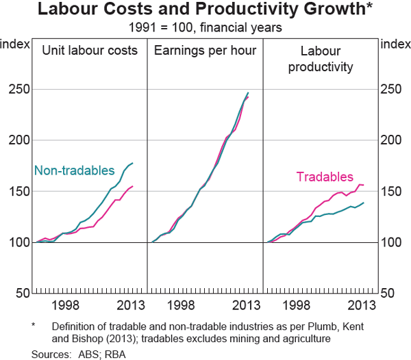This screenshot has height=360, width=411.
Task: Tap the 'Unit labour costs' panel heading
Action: pyautogui.click(x=90, y=51)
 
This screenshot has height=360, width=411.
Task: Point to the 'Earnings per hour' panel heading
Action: pyautogui.click(x=206, y=51)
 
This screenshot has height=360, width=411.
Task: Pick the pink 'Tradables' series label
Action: pyautogui.click(x=325, y=177)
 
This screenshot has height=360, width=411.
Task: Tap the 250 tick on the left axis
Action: pyautogui.click(x=19, y=90)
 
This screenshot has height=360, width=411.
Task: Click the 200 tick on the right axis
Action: pyautogui.click(x=391, y=140)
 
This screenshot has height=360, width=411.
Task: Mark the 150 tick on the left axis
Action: pyautogui.click(x=19, y=192)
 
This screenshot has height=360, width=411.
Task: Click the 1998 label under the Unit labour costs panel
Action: pyautogui.click(x=67, y=305)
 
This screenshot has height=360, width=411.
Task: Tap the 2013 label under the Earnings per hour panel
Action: pyautogui.click(x=245, y=305)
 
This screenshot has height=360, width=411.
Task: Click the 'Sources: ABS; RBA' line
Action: pyautogui.click(x=78, y=354)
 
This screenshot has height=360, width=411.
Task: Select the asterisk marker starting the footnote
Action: pyautogui.click(x=34, y=326)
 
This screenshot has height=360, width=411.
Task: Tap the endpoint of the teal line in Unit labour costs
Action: pyautogui.click(x=132, y=164)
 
